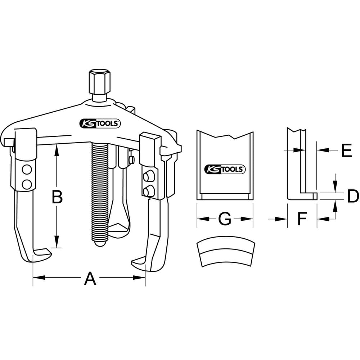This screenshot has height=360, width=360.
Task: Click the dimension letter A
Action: (x=90, y=278)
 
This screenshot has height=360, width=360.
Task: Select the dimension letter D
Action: (x=353, y=196)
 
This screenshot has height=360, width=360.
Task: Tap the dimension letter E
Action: (x=346, y=150)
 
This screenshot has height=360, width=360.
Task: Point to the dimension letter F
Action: (x=302, y=219)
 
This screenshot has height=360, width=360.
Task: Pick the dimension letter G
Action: (x=225, y=219)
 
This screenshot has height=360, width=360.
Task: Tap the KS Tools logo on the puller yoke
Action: (x=100, y=123)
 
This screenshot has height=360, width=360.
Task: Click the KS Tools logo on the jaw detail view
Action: (x=225, y=170)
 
